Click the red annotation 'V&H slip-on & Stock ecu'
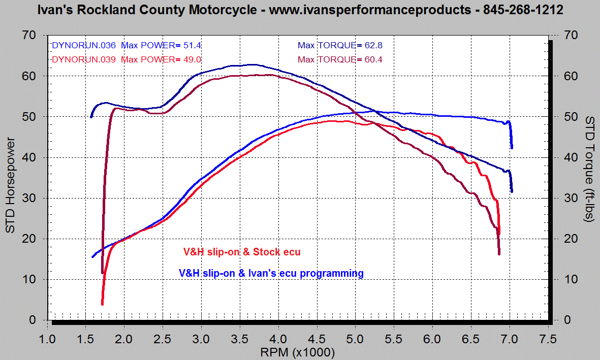point(245,252)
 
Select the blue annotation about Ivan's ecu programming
point(271,273)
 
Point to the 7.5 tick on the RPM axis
point(549,338)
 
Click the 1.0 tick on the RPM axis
point(47,338)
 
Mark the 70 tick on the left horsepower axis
point(29,35)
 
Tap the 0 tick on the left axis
point(32,320)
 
